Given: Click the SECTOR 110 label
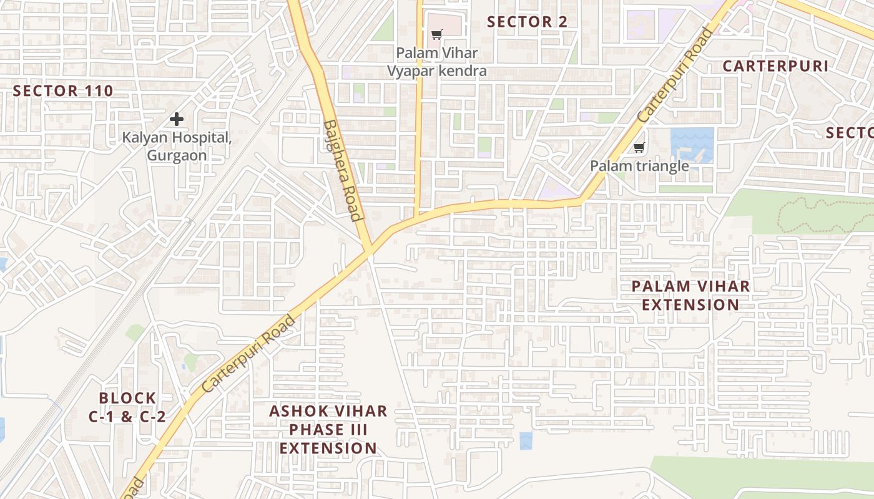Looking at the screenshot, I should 63,91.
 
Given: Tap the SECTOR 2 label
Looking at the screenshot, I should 527,22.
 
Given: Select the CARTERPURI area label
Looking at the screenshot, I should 775,66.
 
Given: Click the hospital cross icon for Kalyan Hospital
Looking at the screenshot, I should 177,119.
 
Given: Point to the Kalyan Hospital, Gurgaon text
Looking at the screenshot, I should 177,146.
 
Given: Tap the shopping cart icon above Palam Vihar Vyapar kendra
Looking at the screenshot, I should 436,35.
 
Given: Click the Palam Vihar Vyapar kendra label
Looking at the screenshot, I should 436,62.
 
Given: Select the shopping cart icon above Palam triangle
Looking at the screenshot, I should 639,148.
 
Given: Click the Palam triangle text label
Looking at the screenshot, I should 639,166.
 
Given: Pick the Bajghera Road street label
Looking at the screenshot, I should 343,170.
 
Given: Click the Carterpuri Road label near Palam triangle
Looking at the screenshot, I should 675,75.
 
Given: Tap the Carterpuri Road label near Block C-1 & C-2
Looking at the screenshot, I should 248,354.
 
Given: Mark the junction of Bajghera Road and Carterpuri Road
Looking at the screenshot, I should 370,248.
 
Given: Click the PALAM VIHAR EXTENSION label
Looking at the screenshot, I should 690,296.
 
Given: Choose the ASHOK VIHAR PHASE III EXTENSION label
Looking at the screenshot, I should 328,430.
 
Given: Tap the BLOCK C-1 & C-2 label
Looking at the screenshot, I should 127,407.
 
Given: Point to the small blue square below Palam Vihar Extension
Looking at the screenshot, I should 526,440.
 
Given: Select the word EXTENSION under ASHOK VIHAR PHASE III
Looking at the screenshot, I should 328,448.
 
